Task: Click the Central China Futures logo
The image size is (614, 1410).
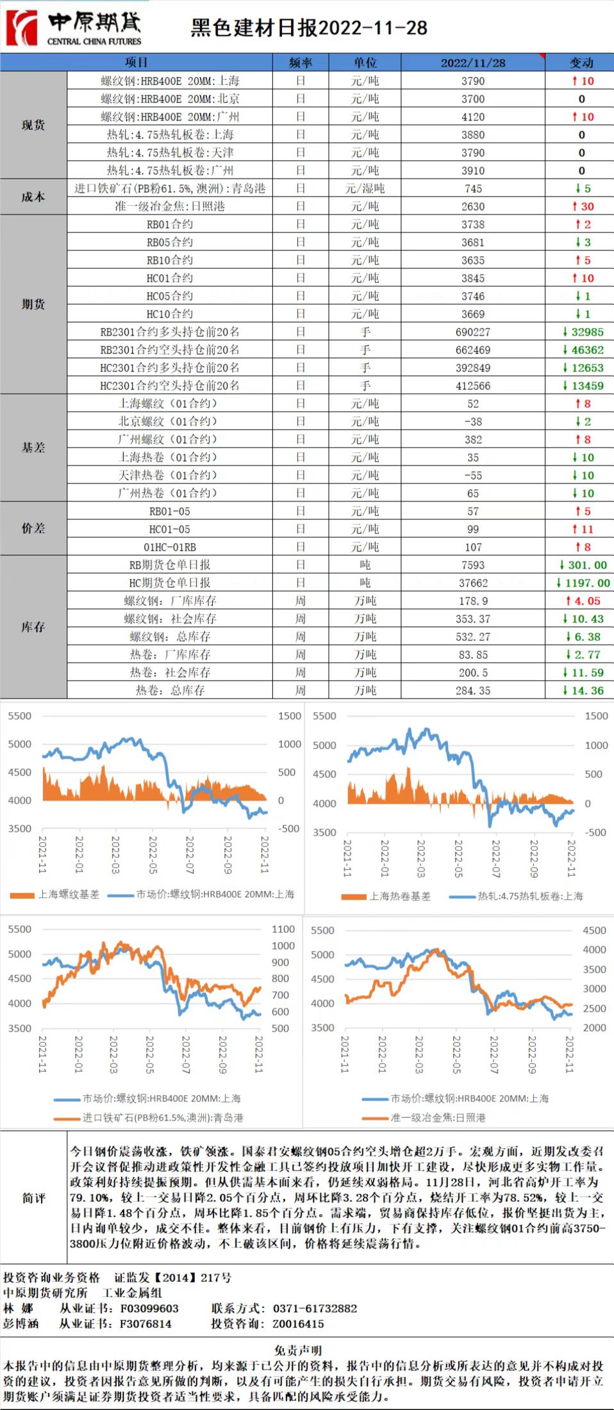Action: coord(73,28)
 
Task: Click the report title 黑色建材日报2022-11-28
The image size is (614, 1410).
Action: coord(309,28)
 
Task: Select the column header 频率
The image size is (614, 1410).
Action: coord(301,62)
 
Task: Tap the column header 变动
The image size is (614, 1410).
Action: coord(581,62)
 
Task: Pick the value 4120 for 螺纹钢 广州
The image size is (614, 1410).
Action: coord(473,117)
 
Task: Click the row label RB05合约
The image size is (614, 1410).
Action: coord(170,243)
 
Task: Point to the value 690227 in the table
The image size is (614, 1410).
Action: coord(473,332)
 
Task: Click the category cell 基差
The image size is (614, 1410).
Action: coord(33,448)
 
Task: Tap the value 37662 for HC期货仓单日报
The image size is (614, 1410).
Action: coord(473,583)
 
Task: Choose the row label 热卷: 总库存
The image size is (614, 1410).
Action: coord(170,691)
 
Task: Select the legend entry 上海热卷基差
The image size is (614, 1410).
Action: coord(400,896)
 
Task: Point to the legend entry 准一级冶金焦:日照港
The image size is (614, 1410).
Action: coord(438,1117)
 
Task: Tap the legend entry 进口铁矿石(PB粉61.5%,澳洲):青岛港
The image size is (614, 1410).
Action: coord(162,1117)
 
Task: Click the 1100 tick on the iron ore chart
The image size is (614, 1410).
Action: coord(283,929)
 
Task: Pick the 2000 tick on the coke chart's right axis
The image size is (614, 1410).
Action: coord(594,1028)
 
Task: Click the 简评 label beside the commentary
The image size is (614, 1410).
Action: coord(33,1198)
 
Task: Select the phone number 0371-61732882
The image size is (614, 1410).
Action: coord(315,1308)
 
